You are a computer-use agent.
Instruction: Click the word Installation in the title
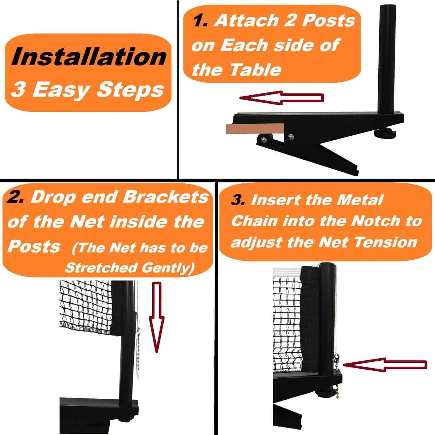pos(89,57)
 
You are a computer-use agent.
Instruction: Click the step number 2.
pos(15,197)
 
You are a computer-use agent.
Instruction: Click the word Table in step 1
pos(255,70)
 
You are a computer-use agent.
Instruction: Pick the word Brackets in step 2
pos(165,197)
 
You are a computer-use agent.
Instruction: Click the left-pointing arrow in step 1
pos(281,98)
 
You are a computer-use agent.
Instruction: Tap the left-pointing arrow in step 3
pos(385,365)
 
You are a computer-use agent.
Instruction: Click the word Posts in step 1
pos(328,21)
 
